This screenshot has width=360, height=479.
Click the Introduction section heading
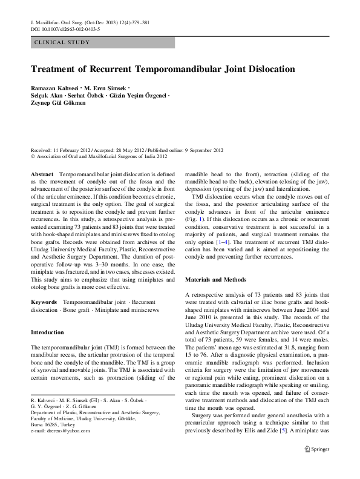click(47, 332)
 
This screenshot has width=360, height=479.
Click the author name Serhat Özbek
click(81, 97)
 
